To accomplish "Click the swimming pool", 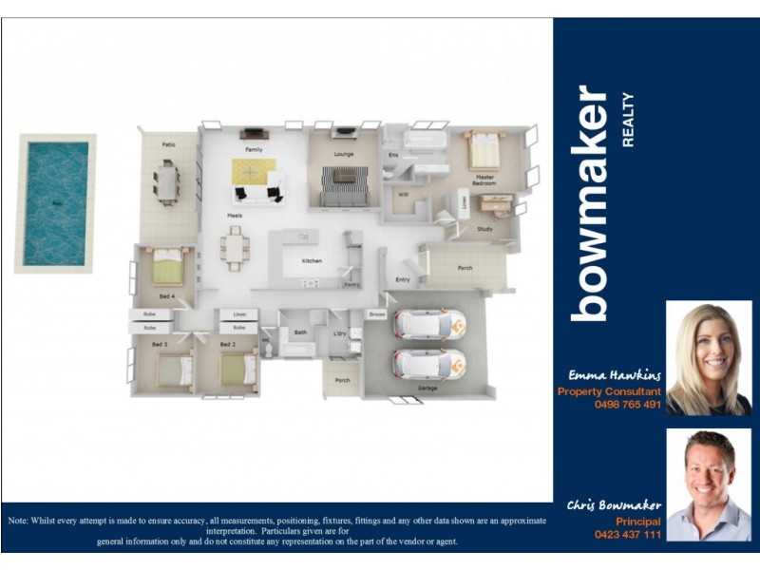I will click(x=56, y=202).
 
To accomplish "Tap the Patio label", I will click(x=168, y=145).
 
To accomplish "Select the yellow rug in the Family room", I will click(x=254, y=172).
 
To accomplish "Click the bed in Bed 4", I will click(x=169, y=267).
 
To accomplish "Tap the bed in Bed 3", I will click(x=175, y=370).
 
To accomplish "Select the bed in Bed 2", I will click(x=237, y=369).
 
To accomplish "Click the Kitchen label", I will click(x=312, y=260).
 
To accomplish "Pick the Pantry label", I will click(x=351, y=285).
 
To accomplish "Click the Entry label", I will click(x=402, y=279).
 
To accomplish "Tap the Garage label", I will click(x=427, y=388).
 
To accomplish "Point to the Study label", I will click(x=484, y=229).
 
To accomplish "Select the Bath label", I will click(x=300, y=332).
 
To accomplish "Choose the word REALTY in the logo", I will click(x=627, y=121).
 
